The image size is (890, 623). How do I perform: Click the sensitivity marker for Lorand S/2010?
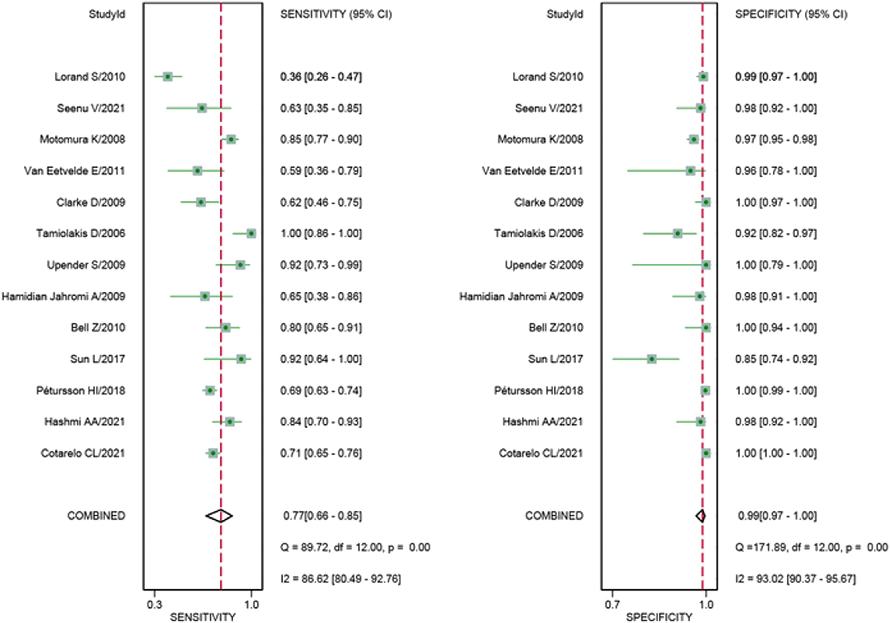pos(168,77)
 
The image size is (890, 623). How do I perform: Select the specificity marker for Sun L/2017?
pos(652,359)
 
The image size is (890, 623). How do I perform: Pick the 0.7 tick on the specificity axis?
pos(612,604)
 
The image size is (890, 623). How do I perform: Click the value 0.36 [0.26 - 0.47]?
pos(321,77)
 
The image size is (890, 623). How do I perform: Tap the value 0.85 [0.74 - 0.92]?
pos(776,359)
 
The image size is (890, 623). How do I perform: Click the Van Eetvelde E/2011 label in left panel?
pos(74,171)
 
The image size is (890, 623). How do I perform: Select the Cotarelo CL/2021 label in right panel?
pos(540,453)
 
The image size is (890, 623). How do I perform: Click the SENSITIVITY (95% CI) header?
pos(336,14)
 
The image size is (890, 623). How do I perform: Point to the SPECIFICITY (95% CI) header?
pos(791,14)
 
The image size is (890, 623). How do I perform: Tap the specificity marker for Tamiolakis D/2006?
pos(677,233)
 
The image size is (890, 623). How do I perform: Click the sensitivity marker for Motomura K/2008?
pos(231,139)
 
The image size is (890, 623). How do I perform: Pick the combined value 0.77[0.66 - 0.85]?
pos(322,516)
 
